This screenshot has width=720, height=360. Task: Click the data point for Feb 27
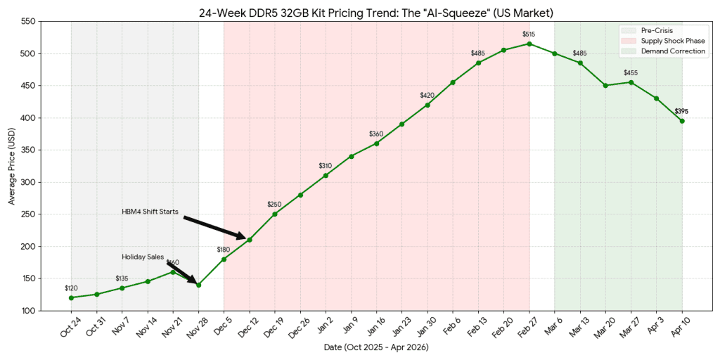[529, 44]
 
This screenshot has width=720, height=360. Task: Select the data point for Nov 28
[198, 285]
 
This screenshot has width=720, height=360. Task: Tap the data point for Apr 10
[681, 121]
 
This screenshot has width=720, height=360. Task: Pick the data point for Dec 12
[249, 240]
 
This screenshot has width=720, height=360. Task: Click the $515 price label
[529, 34]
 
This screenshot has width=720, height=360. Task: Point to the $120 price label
[71, 288]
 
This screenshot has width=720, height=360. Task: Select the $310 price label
[325, 166]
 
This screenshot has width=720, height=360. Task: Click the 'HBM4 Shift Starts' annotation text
[150, 212]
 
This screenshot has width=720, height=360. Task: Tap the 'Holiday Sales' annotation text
[142, 257]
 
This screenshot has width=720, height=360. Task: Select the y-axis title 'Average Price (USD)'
[11, 166]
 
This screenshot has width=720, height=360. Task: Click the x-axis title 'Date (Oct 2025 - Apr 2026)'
[376, 347]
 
